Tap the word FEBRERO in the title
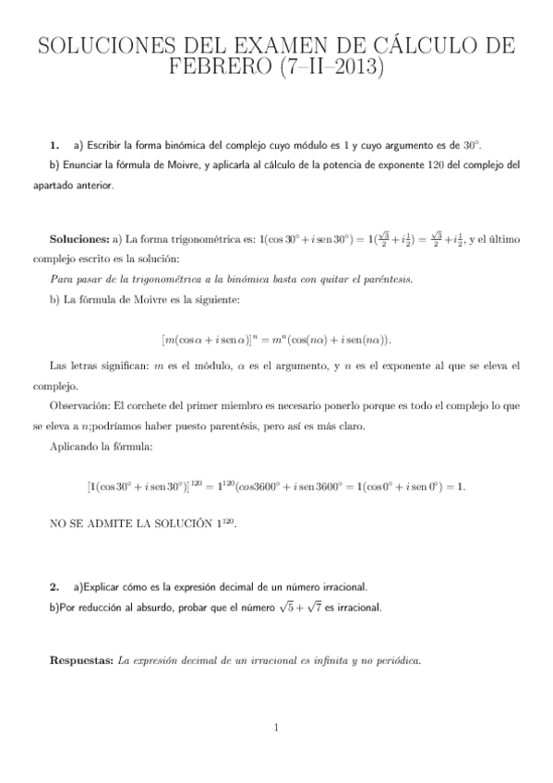tap(221, 69)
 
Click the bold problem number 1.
tap(54, 146)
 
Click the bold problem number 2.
tap(54, 585)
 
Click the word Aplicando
tap(73, 447)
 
